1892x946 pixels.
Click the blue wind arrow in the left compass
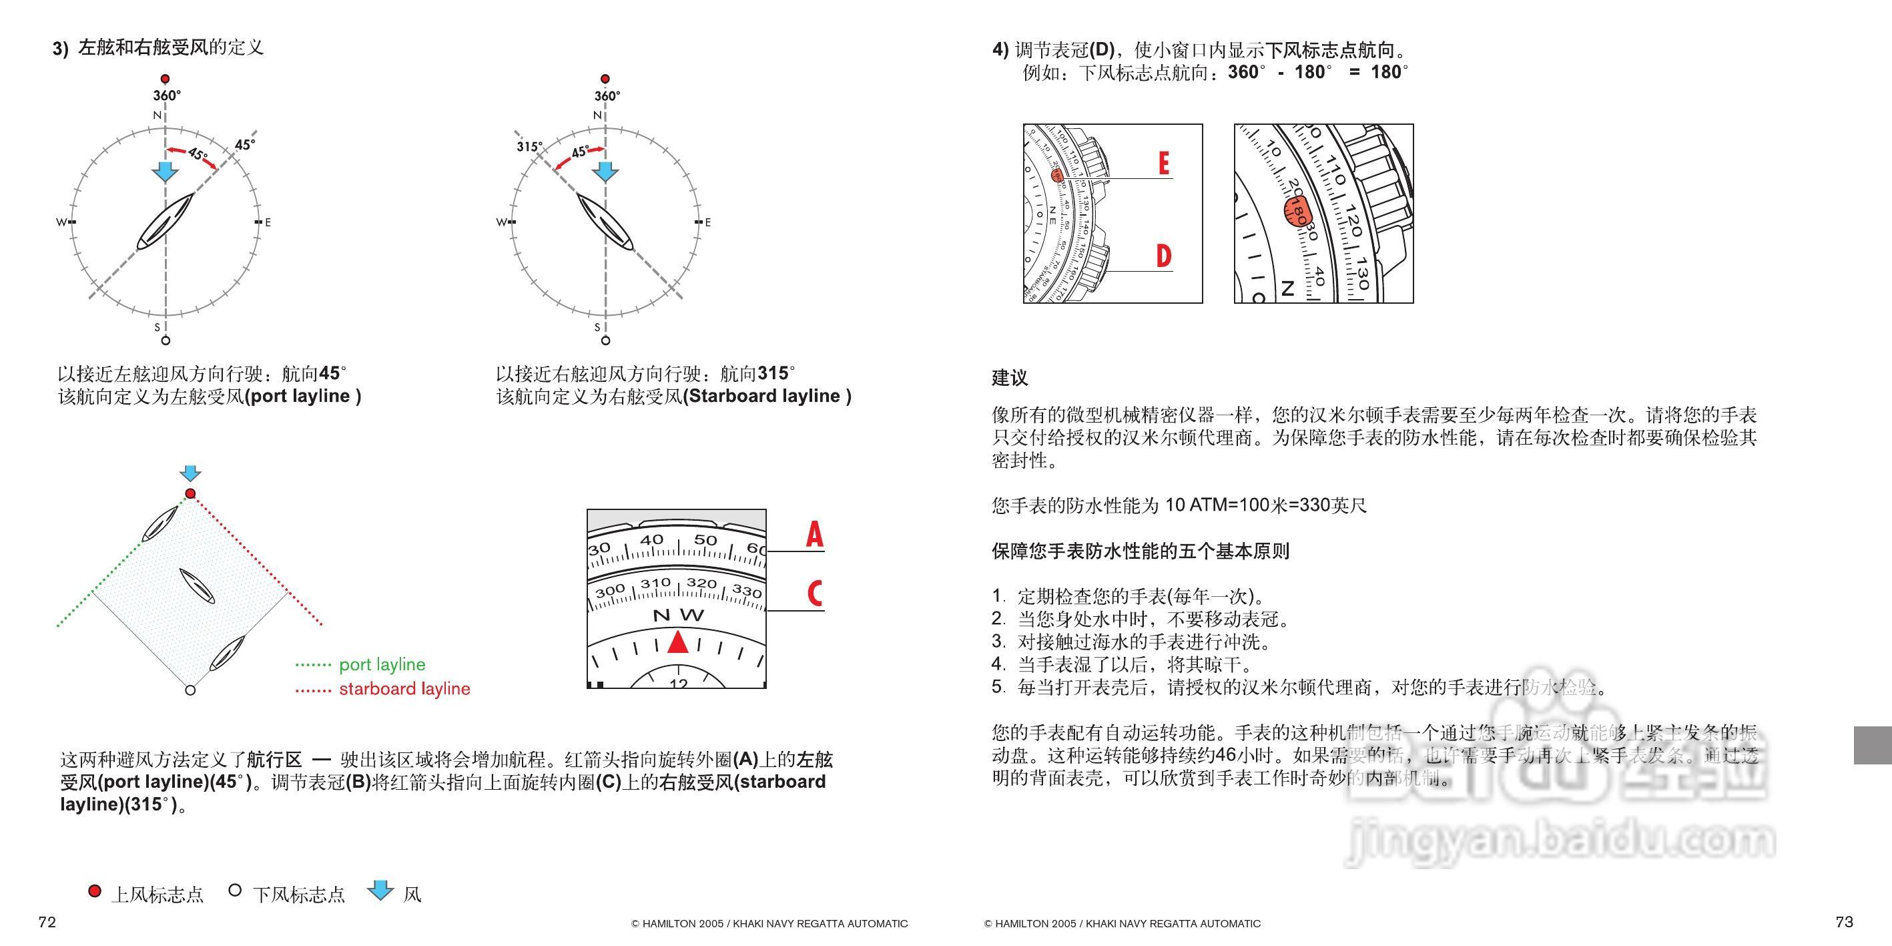(x=166, y=171)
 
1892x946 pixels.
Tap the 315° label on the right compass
(x=528, y=147)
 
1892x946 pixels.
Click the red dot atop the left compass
(x=166, y=79)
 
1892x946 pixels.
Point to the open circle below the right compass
(x=605, y=340)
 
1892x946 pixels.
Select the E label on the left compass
(x=268, y=222)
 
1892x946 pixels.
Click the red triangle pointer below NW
(x=678, y=642)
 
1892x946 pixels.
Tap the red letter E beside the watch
(x=1163, y=163)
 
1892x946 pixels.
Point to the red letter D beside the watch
(x=1163, y=256)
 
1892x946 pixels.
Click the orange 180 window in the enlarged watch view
(x=1298, y=212)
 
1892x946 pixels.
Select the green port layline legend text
(x=382, y=665)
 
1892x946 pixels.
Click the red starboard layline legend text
(x=404, y=689)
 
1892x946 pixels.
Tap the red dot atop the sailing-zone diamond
(x=190, y=493)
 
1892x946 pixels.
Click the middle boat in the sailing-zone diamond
(x=198, y=585)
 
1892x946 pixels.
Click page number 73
(x=1843, y=922)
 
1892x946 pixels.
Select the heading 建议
(x=1010, y=379)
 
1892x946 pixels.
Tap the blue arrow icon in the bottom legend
(x=380, y=890)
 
